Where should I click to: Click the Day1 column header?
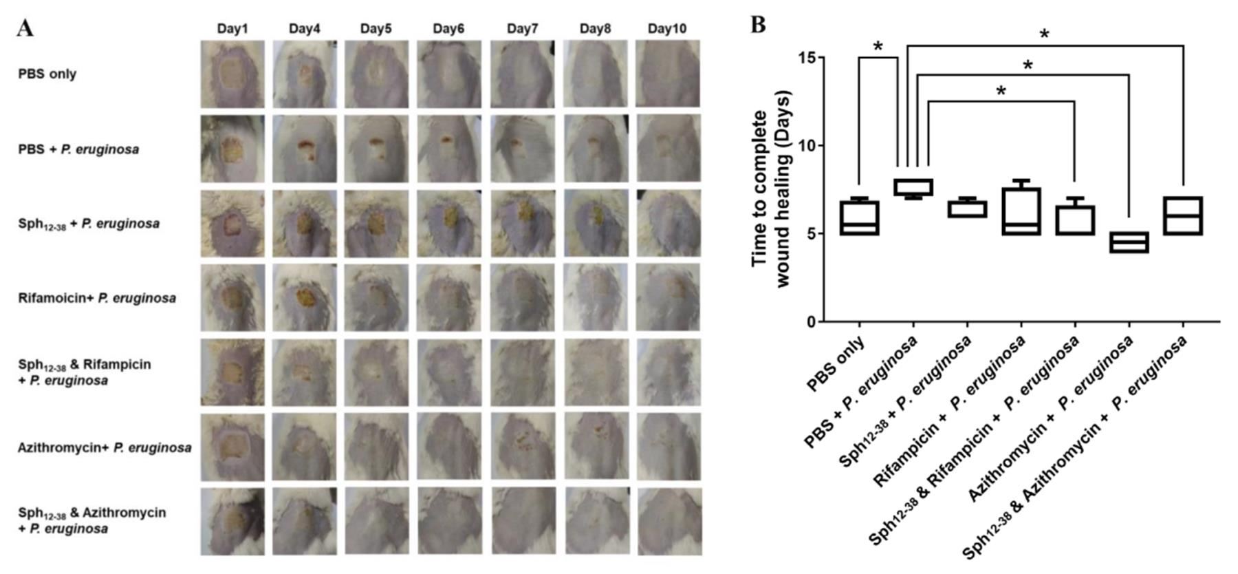click(232, 28)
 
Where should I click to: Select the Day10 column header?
click(666, 28)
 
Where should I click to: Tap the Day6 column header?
click(448, 28)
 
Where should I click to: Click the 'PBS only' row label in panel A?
click(47, 74)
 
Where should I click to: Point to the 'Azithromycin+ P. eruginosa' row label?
click(105, 447)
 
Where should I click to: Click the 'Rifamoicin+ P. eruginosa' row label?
click(97, 298)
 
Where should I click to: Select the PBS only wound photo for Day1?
click(232, 74)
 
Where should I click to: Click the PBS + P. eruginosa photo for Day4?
click(305, 149)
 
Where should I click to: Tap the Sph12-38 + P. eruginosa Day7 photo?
click(522, 223)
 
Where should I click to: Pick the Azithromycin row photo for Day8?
click(595, 447)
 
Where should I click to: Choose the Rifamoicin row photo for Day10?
click(668, 298)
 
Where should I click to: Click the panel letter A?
click(25, 28)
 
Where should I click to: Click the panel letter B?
click(757, 25)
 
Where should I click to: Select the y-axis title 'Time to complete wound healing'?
click(770, 189)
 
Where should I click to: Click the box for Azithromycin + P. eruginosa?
click(1129, 242)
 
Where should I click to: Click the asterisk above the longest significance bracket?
click(1044, 34)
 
